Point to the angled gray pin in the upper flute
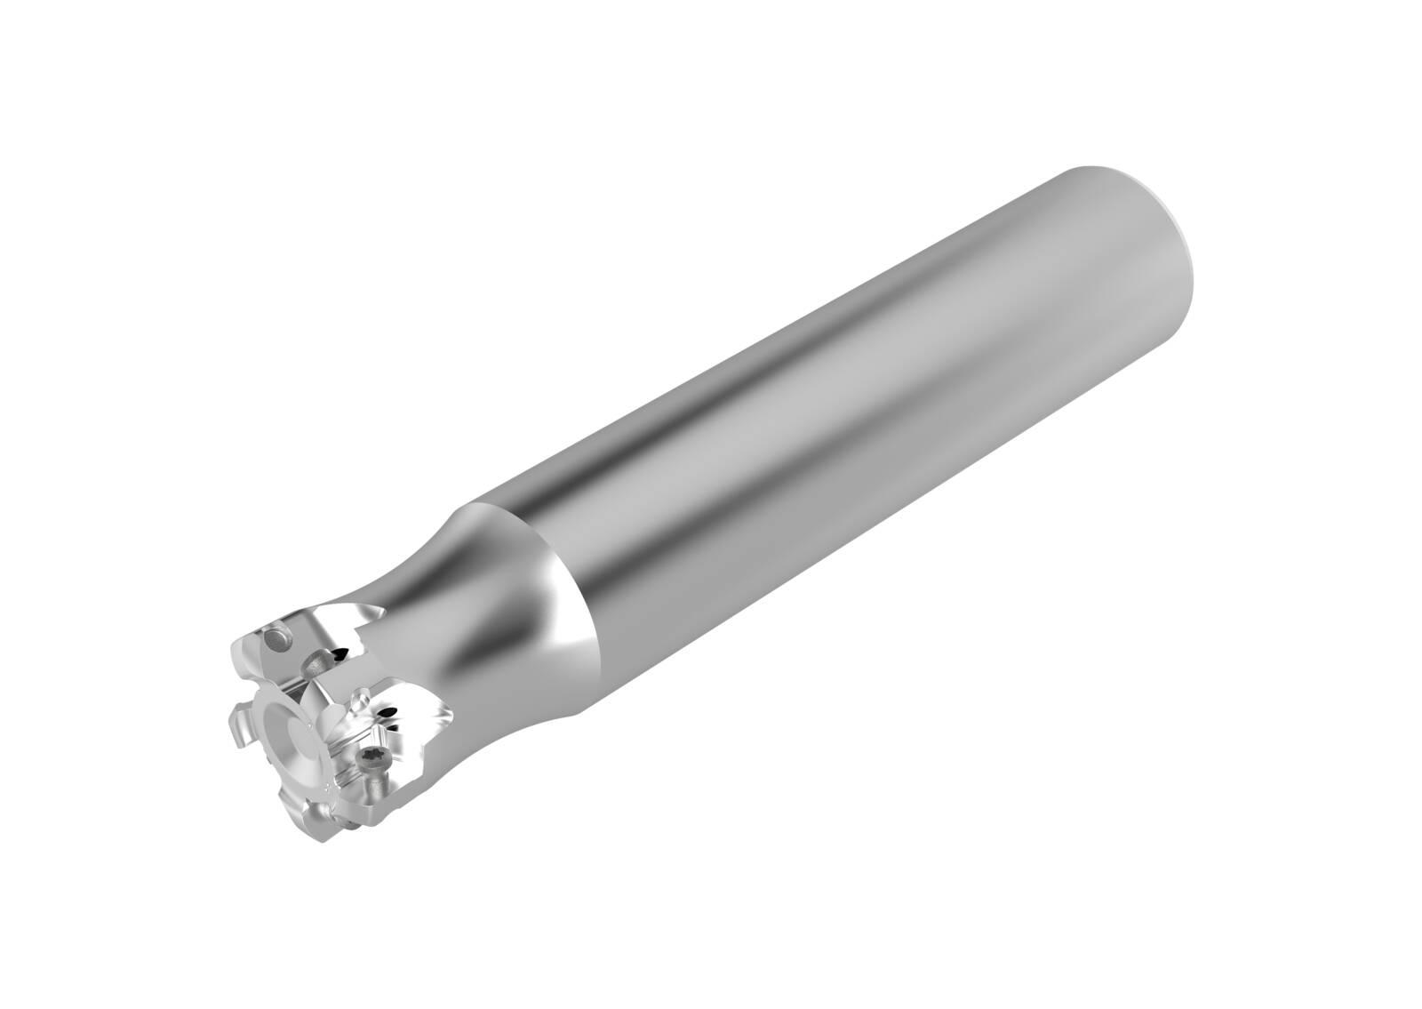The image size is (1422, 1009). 317,662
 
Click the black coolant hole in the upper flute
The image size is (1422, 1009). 338,655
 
